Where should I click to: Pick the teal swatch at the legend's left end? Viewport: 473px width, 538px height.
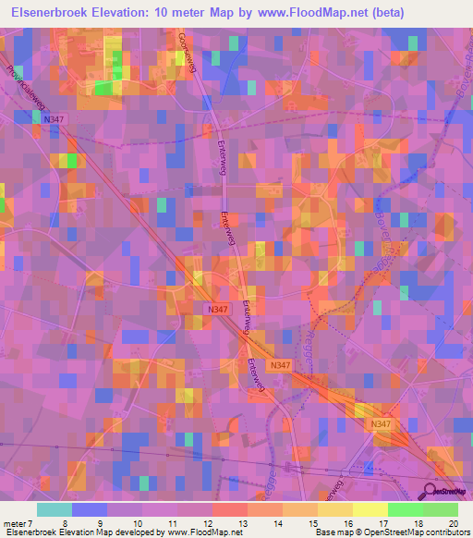click(54, 509)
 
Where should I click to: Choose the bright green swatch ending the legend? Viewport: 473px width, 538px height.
click(441, 509)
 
